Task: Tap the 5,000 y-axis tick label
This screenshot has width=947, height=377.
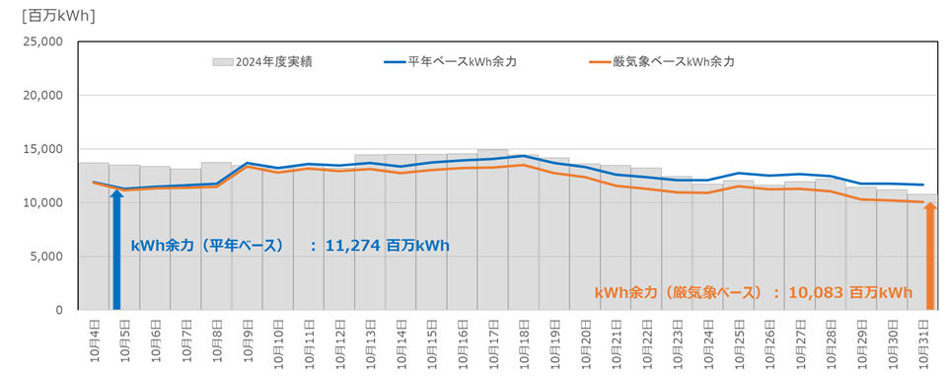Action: click(45, 257)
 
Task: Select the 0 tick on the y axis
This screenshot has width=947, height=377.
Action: click(59, 310)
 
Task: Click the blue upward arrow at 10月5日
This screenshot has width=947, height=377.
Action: click(116, 247)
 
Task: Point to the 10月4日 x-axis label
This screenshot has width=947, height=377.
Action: click(93, 340)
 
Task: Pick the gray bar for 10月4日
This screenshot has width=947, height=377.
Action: click(94, 237)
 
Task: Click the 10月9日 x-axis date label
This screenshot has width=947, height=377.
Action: click(247, 340)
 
